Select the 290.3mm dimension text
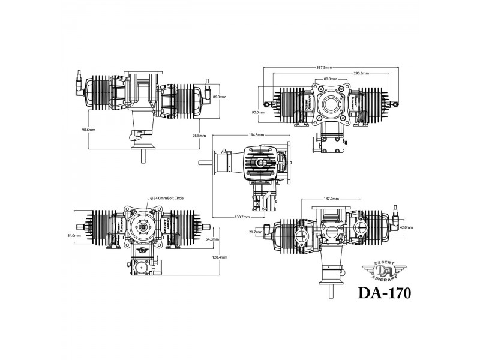tap(361, 73)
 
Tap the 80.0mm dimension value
tap(329, 79)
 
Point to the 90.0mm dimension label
tap(259, 112)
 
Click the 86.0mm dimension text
tap(220, 97)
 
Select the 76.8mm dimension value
tap(199, 136)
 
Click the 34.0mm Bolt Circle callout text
tap(168, 197)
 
